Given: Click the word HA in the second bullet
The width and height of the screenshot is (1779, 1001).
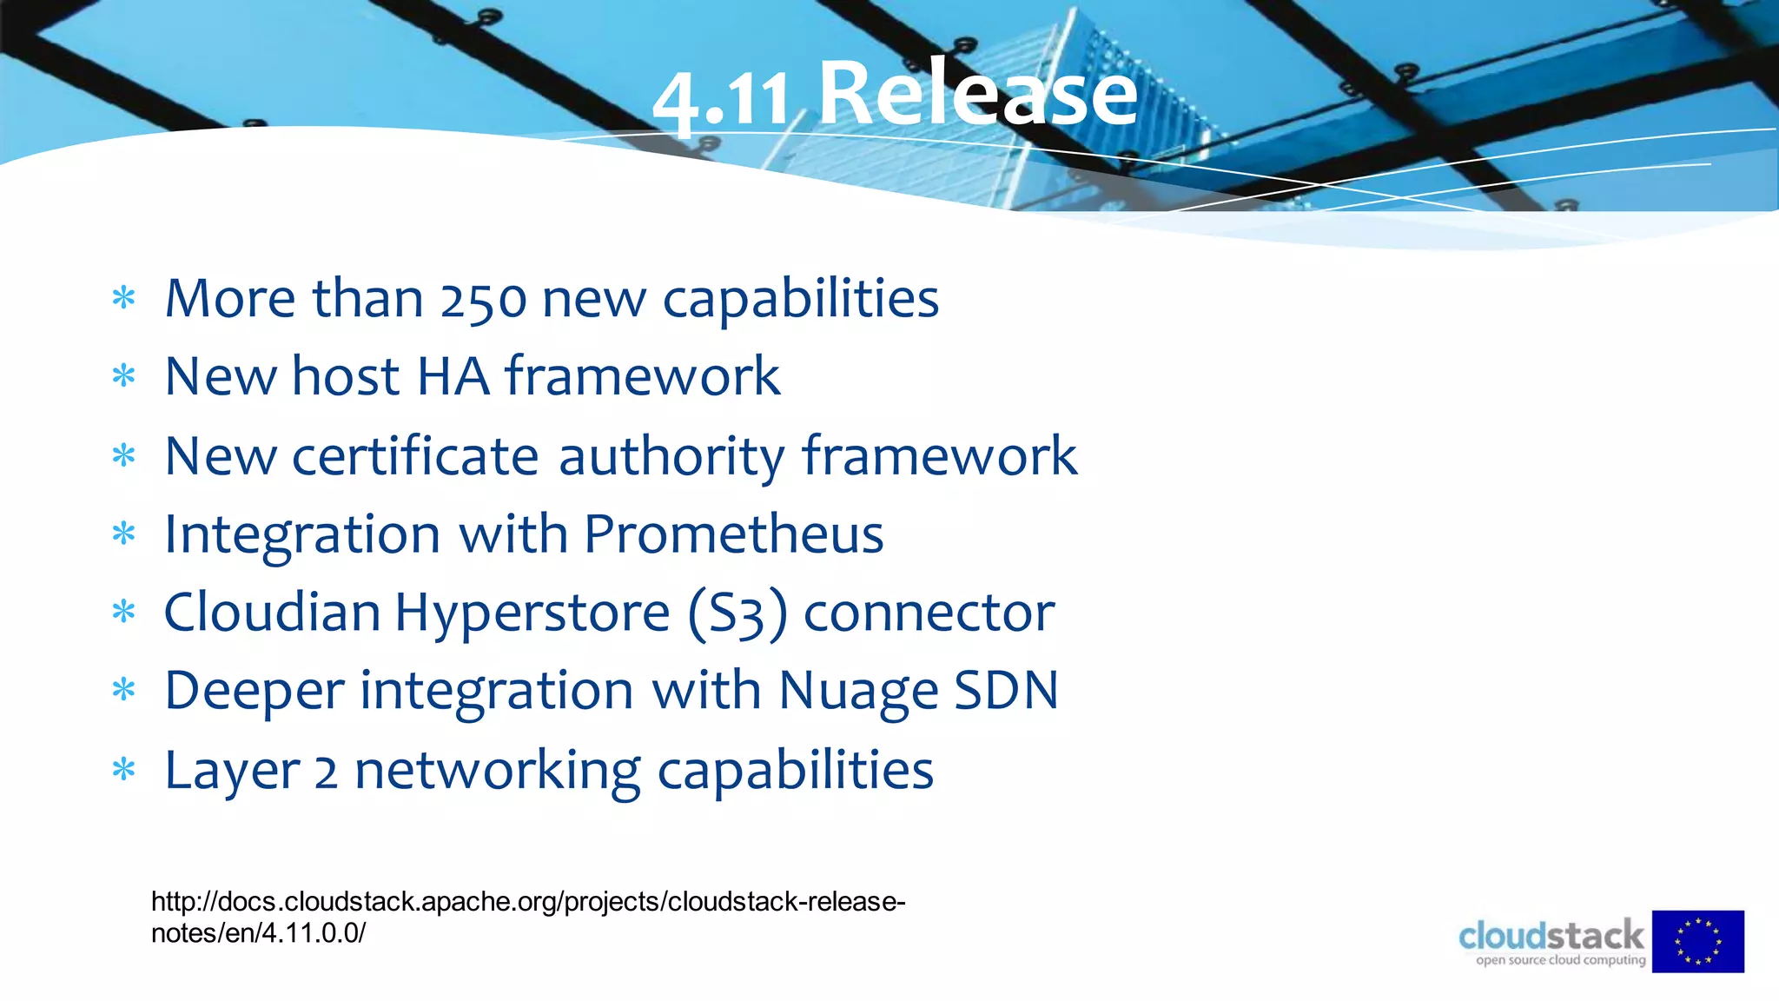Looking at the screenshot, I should coord(453,377).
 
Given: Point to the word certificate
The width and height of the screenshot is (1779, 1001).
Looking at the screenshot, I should coord(415,456).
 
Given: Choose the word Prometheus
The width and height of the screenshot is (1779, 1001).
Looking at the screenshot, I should coord(733,534).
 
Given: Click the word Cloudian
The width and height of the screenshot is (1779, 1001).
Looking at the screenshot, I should coord(272,613).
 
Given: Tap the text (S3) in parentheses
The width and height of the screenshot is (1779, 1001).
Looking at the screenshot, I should coord(737,613).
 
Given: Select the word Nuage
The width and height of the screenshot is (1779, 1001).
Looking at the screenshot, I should coord(858,692).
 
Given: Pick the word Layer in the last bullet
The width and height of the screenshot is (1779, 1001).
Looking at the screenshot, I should coord(232,771).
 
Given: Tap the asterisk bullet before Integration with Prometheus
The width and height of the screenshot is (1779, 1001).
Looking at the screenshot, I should coord(124,534).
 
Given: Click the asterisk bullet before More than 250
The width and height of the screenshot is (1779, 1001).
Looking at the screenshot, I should coord(124,299).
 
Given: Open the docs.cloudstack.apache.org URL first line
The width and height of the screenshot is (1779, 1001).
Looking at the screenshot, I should coord(528,902).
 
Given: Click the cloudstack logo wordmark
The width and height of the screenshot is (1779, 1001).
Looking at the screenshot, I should coord(1551,937).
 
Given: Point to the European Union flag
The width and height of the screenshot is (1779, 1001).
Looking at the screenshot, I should coord(1697,941).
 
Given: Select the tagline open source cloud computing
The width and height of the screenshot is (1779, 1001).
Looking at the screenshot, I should coord(1560,960).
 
